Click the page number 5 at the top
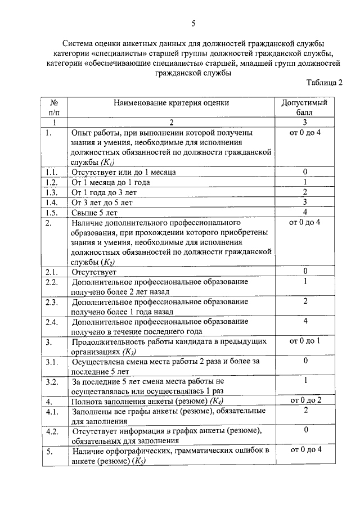[x=193, y=24]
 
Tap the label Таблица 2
[x=324, y=83]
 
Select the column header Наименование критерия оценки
[x=172, y=103]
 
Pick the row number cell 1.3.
[x=52, y=192]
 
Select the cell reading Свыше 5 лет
[x=94, y=213]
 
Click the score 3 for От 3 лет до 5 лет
[x=304, y=202]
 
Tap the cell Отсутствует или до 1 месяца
[x=123, y=172]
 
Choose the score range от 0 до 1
[x=304, y=341]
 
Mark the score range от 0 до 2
[x=304, y=400]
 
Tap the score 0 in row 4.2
[x=304, y=430]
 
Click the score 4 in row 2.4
[x=304, y=322]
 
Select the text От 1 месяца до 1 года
[x=110, y=182]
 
